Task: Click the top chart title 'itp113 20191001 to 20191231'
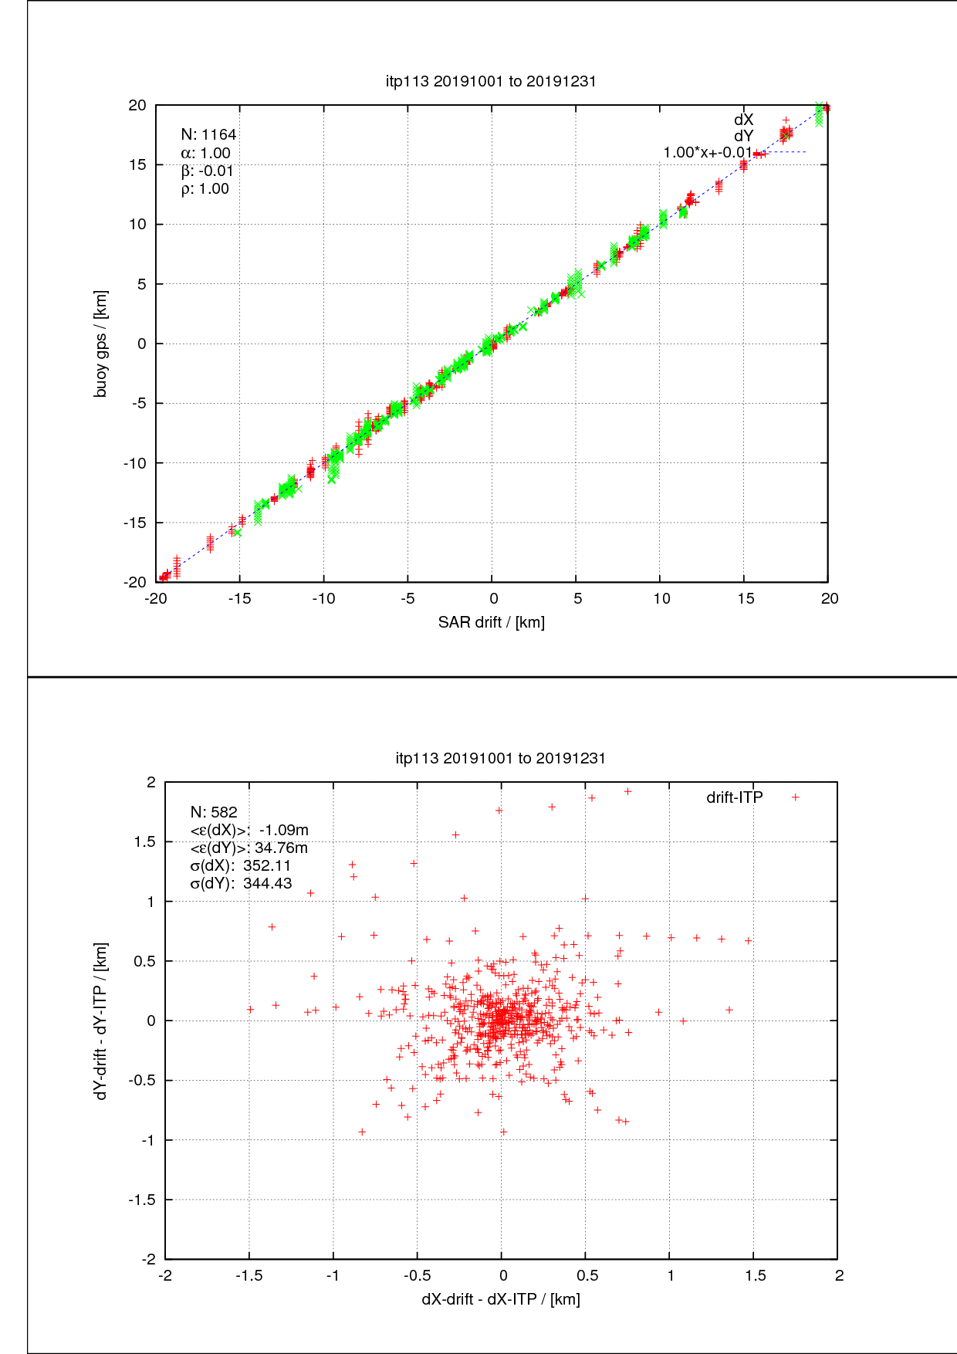point(491,81)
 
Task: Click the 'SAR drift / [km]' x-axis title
point(491,622)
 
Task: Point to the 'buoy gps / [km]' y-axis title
point(100,344)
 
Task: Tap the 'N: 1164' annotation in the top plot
point(208,135)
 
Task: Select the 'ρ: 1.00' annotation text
point(205,189)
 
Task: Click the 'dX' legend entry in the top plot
point(743,120)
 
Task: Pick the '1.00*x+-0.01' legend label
point(707,152)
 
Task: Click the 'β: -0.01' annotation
point(207,171)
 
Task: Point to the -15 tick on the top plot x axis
point(239,599)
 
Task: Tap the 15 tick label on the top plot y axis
point(137,164)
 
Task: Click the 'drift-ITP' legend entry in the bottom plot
point(735,797)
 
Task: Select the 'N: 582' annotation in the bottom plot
point(214,812)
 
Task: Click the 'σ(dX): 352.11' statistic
point(240,865)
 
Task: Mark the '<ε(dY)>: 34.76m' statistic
point(249,848)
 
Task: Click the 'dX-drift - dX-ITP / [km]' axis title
point(500,1299)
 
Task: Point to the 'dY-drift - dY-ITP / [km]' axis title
point(100,1020)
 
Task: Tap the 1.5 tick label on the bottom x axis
point(756,1276)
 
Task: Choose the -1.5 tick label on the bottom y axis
point(142,1200)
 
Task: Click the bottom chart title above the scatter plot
point(500,758)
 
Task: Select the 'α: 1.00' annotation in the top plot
point(205,154)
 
